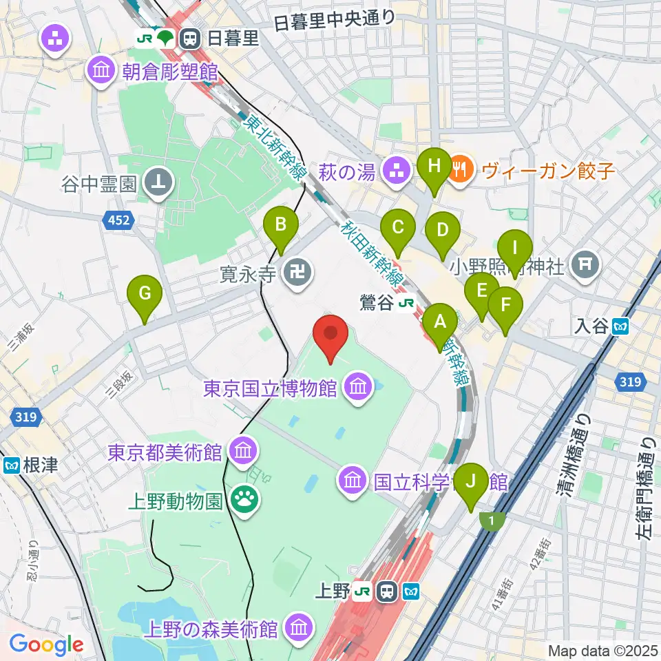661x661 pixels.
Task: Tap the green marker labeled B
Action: coord(281,226)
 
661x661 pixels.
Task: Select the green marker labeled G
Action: coord(145,295)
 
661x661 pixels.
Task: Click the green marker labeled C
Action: coord(397,227)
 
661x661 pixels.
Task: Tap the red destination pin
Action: coord(330,335)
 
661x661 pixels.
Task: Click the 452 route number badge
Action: coord(118,220)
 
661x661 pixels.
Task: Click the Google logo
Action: coord(46,645)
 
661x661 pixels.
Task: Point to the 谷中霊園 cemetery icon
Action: coord(159,182)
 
